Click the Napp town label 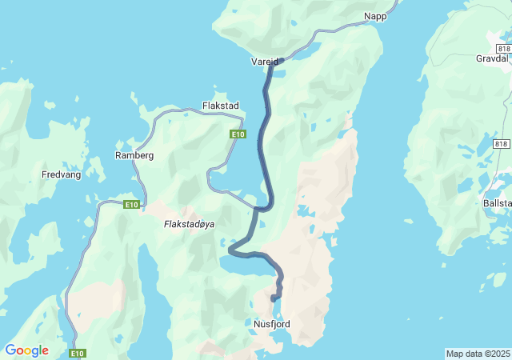(x=375, y=16)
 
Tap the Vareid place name (x=265, y=62)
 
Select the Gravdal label (x=492, y=59)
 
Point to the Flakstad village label (x=220, y=106)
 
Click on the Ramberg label (x=134, y=155)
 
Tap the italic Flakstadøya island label (x=189, y=224)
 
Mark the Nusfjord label (x=271, y=324)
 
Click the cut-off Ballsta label (x=497, y=203)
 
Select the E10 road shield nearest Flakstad (x=238, y=134)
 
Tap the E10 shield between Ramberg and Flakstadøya (x=132, y=206)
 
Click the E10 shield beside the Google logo (x=77, y=353)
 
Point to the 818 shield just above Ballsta (x=501, y=144)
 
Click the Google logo (x=26, y=350)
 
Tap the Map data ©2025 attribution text (x=478, y=354)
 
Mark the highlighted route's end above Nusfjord (x=274, y=298)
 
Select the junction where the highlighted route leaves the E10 (x=257, y=210)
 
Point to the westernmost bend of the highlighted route (x=231, y=250)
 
